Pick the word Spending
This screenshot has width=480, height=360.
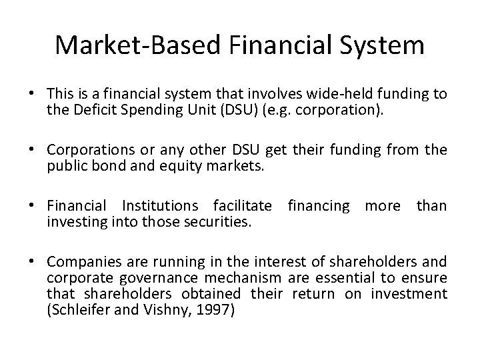[x=167, y=109]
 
